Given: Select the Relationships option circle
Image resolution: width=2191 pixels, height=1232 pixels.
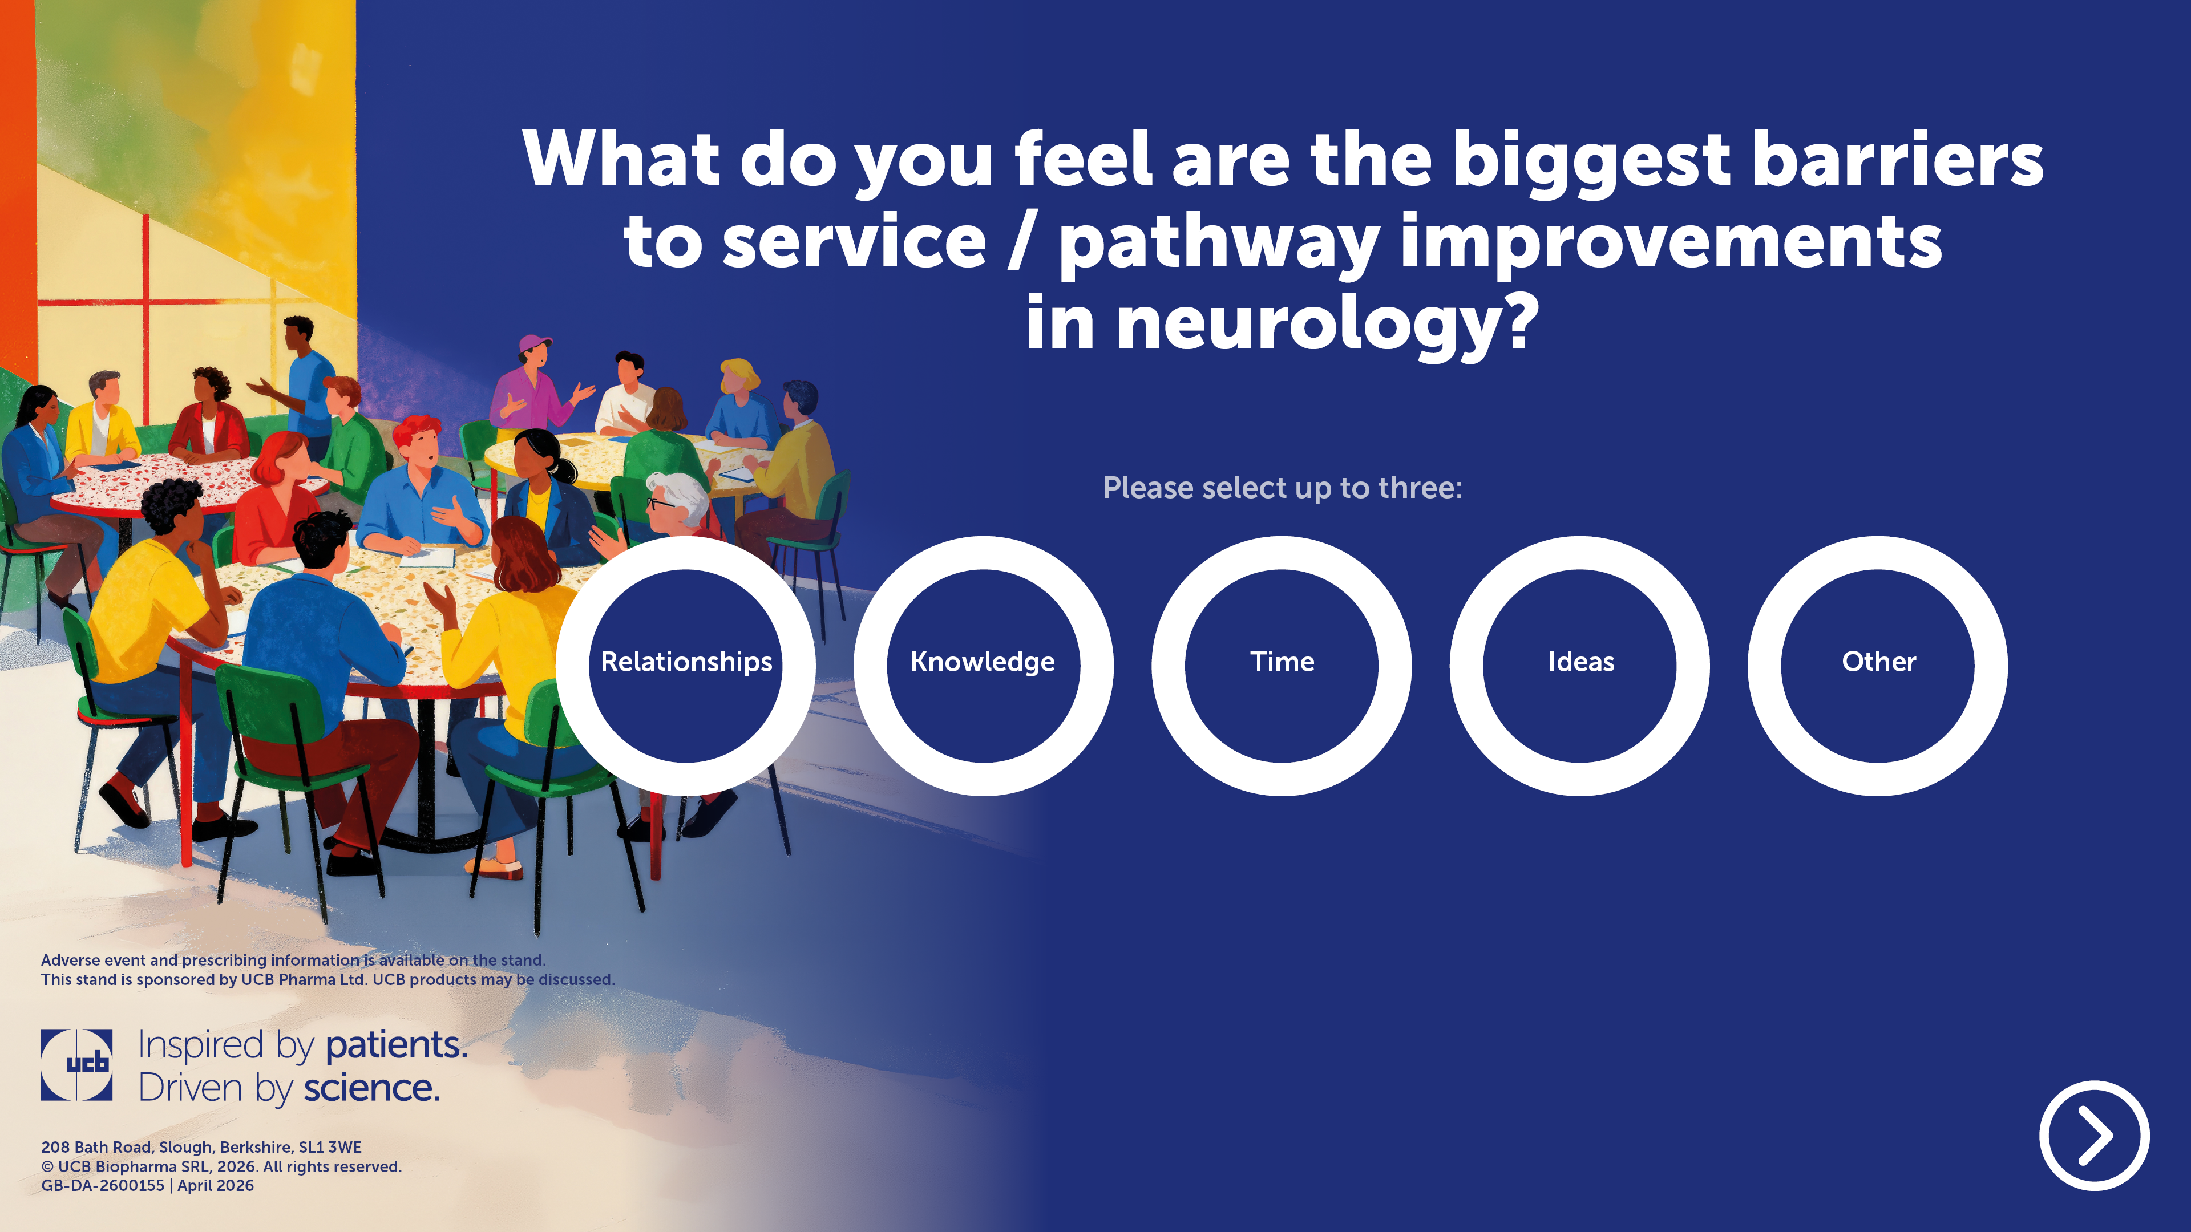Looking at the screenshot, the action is pos(685,666).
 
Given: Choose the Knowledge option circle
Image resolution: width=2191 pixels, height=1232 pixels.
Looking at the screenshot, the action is pos(983,666).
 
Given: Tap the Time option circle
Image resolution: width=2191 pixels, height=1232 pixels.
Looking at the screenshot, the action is pos(1282,666).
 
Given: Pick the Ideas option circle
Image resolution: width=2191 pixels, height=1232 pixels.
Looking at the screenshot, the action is pos(1580,666).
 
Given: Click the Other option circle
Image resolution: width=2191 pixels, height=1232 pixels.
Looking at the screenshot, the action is pos(1878,666).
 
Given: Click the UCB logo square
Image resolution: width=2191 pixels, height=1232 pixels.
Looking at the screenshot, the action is pos(76,1064).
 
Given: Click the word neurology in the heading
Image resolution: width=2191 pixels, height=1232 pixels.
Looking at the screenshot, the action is pos(1328,323).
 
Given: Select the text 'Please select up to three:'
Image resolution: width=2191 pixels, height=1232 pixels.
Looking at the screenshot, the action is pos(1283,488).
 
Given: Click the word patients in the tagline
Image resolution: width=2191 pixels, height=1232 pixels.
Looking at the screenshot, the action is pos(397,1045).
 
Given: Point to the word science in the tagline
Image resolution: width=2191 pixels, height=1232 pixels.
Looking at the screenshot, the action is pos(371,1088).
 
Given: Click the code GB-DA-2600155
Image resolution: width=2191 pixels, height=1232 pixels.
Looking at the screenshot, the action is pos(103,1185).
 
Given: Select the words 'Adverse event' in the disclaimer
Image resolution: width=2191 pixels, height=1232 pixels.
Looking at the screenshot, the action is pos(92,960).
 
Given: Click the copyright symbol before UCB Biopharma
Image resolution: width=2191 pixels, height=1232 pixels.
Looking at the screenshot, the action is pos(47,1166).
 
